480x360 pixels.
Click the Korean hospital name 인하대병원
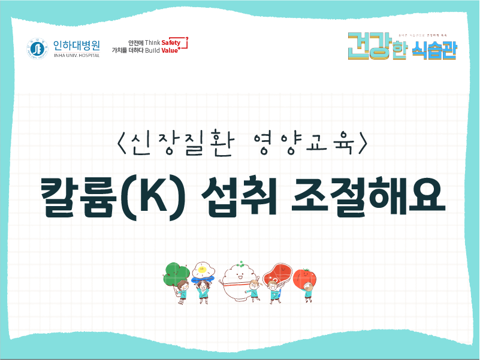(76, 45)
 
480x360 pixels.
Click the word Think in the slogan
(153, 43)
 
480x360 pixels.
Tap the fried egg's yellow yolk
(203, 270)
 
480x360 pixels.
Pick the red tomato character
(304, 277)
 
